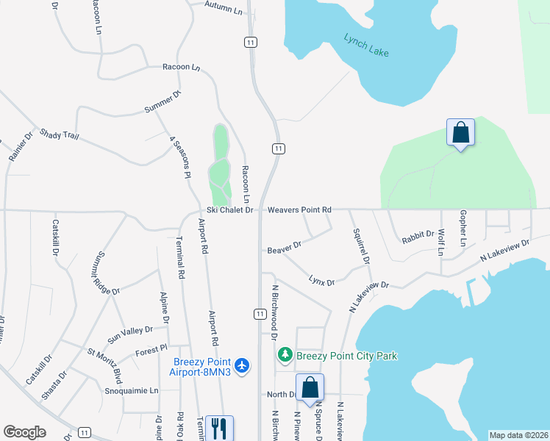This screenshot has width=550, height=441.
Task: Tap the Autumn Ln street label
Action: tap(224, 9)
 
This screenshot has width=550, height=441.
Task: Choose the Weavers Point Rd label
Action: tap(299, 210)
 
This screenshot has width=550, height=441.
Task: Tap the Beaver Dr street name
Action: tap(285, 247)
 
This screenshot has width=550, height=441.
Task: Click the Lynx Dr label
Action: tap(321, 281)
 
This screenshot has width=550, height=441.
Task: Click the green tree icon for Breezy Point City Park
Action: tap(285, 356)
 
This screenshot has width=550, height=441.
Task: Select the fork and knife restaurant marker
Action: tap(219, 427)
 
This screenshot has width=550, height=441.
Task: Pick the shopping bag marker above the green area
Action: tap(460, 132)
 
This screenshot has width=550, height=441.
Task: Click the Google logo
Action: tap(24, 432)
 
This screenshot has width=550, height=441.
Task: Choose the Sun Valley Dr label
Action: tap(129, 334)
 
